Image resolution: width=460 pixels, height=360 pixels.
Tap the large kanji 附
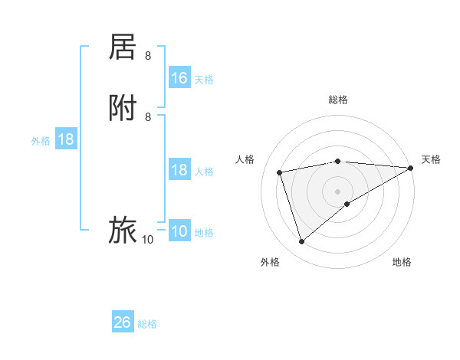coord(123,108)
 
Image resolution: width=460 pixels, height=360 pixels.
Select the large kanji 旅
coord(123,230)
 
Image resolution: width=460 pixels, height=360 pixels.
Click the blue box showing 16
coord(179,78)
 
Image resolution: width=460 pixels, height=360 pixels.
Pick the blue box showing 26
coord(123,322)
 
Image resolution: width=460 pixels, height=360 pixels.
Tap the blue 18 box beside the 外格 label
coord(66,139)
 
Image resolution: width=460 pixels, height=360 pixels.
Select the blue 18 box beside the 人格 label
coord(179,170)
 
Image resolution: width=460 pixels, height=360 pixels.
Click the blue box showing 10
coord(179,231)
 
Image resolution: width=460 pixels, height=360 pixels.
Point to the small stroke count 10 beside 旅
coord(147,240)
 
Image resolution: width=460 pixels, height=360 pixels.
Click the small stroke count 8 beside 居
coord(148,56)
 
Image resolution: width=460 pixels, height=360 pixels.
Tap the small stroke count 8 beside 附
coord(148,117)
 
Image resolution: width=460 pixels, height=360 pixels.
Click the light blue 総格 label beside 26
coord(147,324)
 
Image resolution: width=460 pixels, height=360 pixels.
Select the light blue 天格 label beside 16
coord(204,80)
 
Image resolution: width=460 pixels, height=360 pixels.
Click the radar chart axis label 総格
coord(338,100)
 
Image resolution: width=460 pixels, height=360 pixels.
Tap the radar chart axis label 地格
coord(402,262)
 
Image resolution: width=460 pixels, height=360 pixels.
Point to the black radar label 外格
coord(270,262)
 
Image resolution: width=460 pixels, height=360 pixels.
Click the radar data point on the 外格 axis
coord(301,242)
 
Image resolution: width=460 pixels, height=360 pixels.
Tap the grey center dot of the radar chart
coord(338,191)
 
